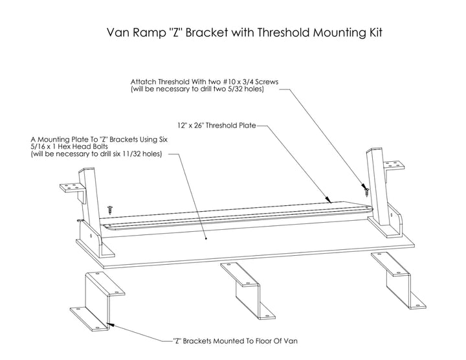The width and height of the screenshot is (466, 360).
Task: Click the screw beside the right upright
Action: point(366,190)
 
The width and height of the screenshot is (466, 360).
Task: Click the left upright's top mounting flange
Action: point(72,188)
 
